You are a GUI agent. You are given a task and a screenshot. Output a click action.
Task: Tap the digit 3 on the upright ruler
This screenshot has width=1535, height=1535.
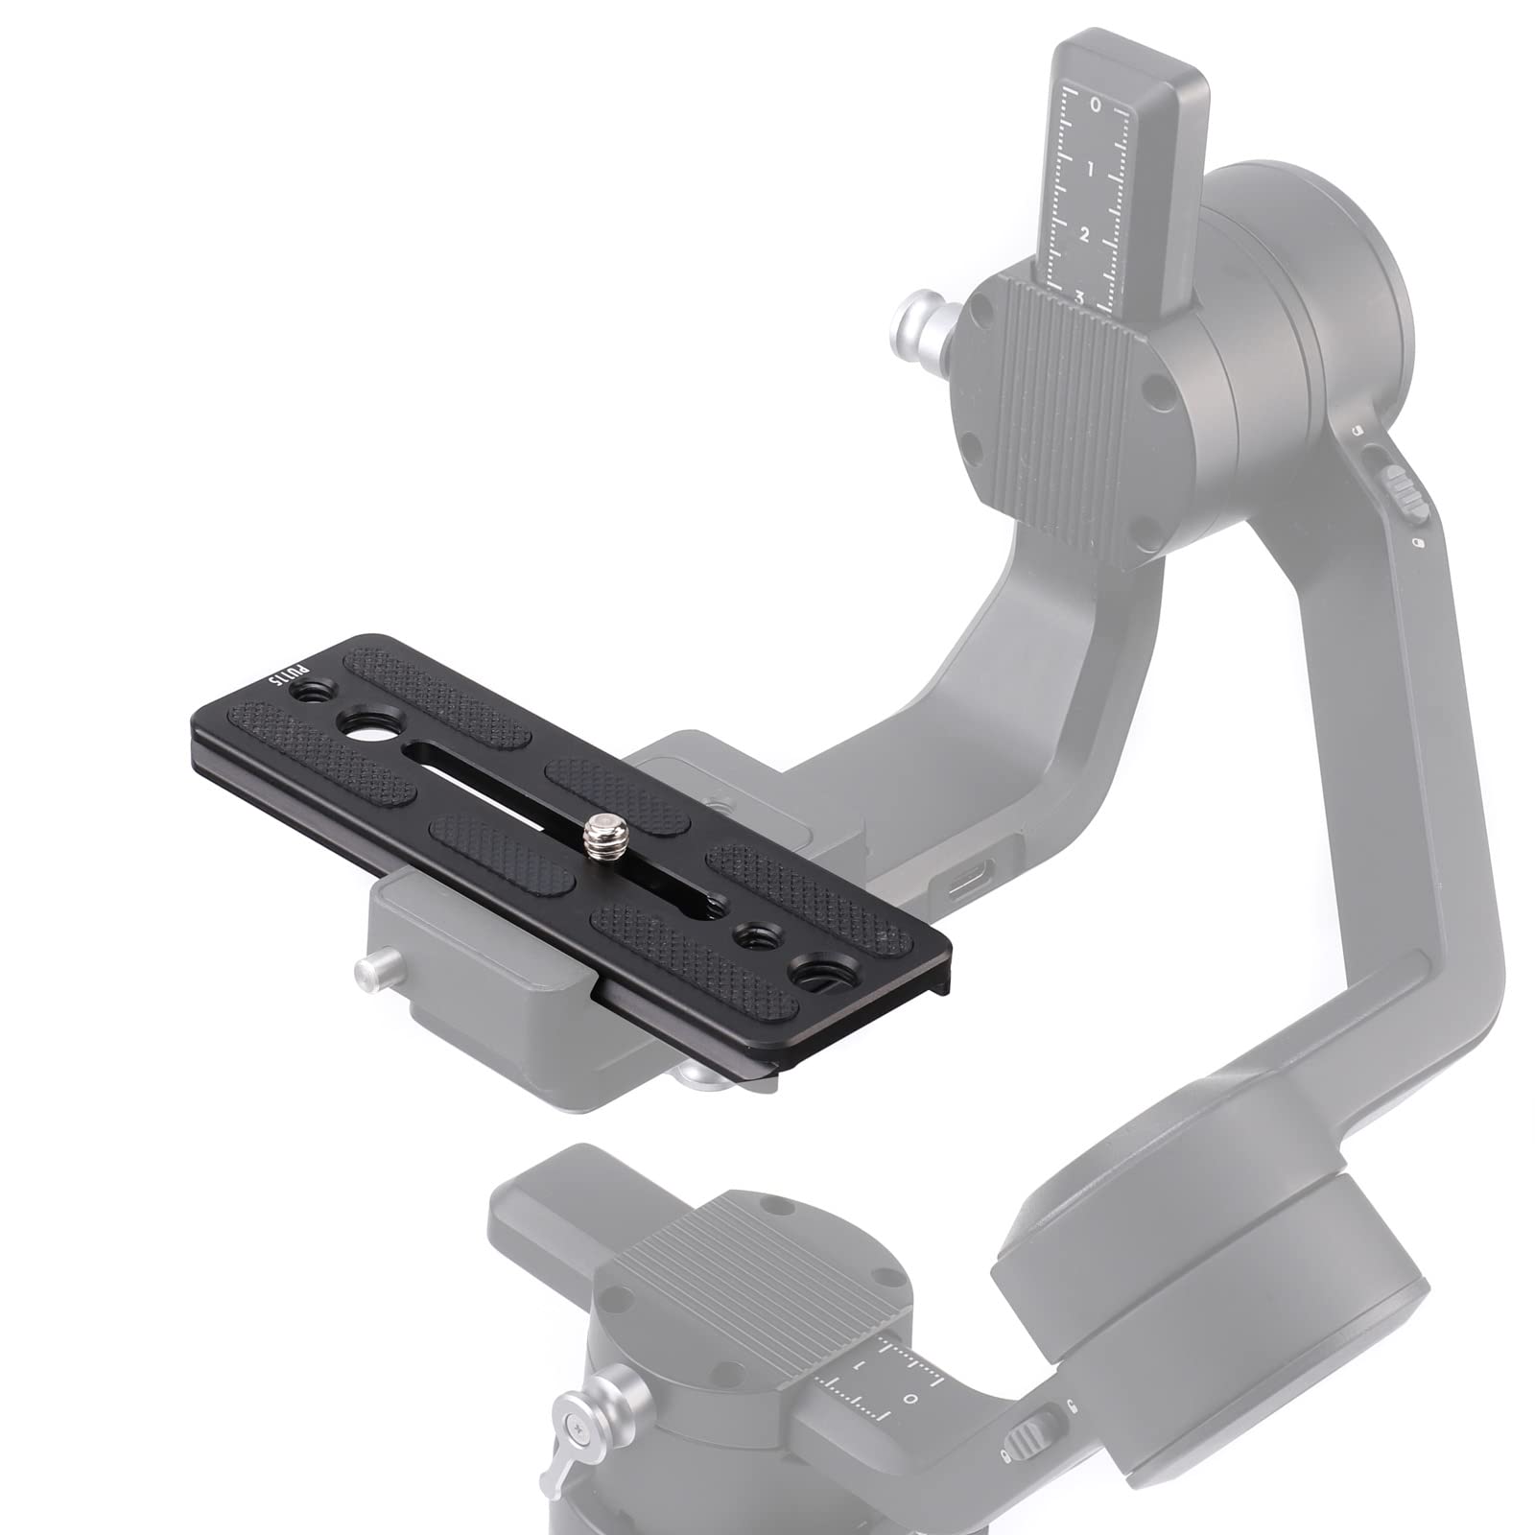click(x=1079, y=298)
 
